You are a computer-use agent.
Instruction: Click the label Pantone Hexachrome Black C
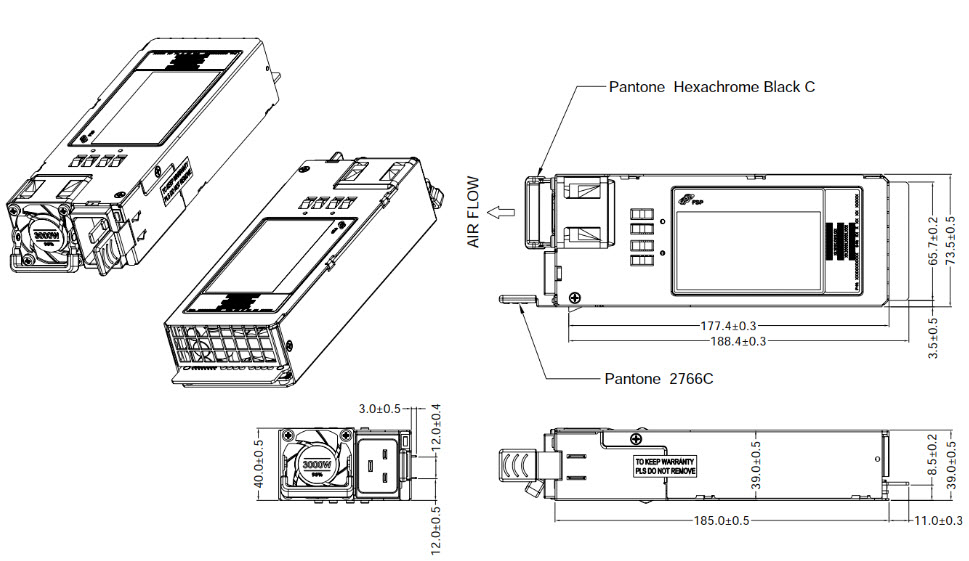point(711,87)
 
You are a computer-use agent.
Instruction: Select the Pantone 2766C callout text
point(659,379)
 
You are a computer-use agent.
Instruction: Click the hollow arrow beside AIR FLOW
point(505,212)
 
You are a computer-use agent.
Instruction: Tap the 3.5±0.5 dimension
point(933,338)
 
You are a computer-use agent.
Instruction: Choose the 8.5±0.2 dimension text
point(933,455)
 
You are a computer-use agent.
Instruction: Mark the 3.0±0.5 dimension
point(381,409)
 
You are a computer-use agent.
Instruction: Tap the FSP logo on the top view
point(688,201)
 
